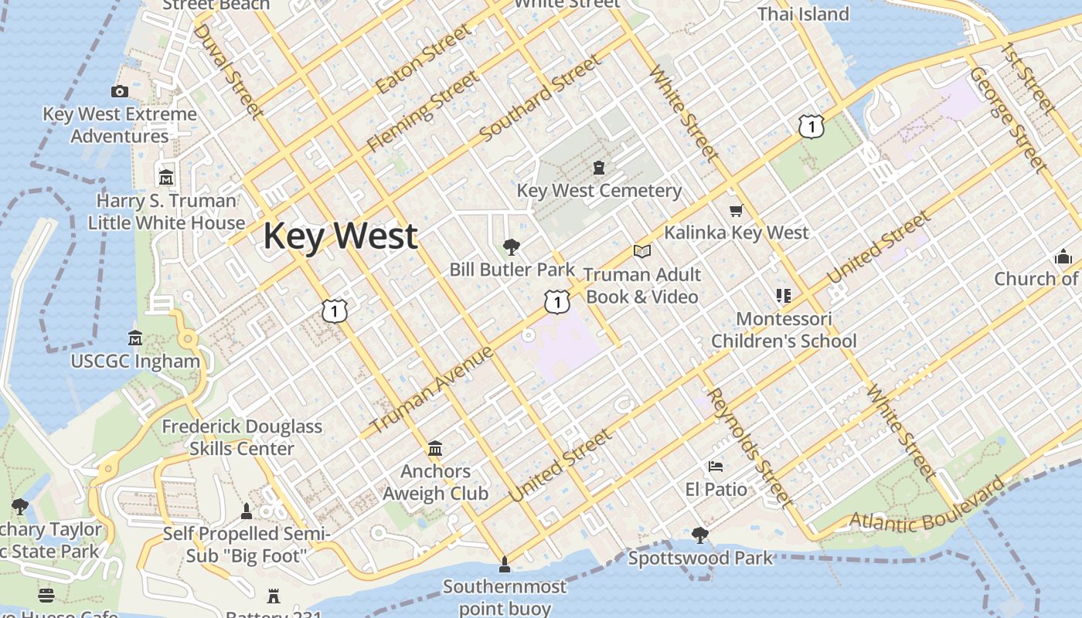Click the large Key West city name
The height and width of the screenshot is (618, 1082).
(341, 236)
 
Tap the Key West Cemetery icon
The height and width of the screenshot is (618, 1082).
(598, 167)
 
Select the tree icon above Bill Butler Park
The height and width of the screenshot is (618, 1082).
(511, 247)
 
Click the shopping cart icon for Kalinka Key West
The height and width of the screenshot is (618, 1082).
(737, 210)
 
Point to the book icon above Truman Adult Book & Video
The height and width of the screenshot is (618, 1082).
(641, 251)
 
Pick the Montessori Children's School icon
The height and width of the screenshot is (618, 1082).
(784, 296)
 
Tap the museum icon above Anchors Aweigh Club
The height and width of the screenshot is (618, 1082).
(435, 449)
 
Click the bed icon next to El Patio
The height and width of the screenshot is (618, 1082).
(716, 467)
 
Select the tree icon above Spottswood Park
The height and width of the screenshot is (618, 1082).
(699, 535)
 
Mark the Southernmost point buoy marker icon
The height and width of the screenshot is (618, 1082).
(505, 565)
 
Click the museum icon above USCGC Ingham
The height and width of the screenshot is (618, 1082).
(135, 338)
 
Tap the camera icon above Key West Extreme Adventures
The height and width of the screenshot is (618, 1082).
(119, 92)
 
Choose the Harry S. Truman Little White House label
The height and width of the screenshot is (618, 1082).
(166, 212)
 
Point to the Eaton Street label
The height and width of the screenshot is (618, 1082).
(424, 58)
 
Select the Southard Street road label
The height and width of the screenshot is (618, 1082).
(539, 98)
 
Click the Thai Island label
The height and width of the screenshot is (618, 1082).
(803, 14)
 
